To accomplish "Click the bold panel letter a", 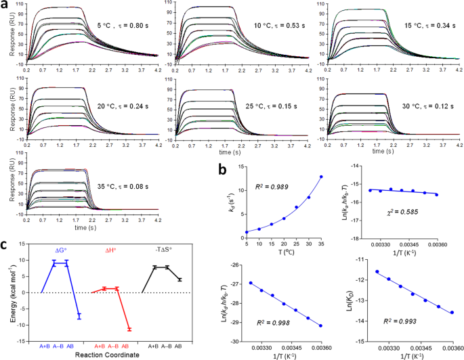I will pyautogui.click(x=5, y=5).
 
